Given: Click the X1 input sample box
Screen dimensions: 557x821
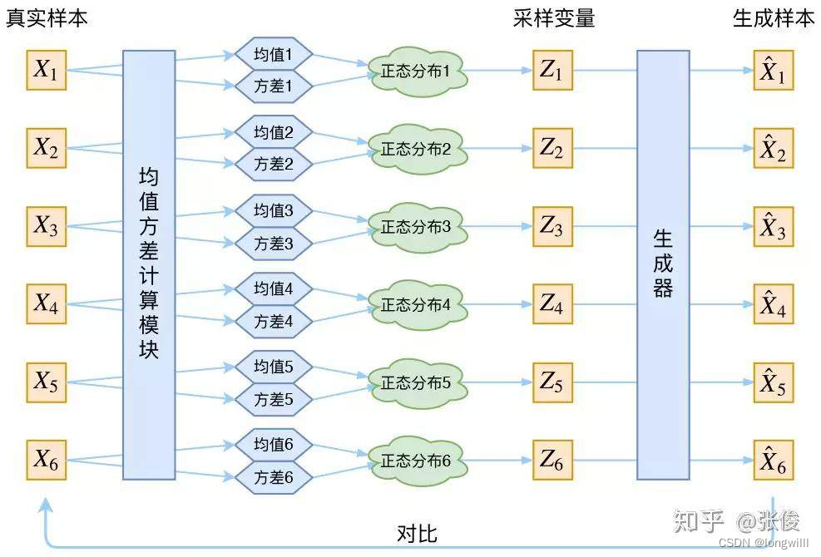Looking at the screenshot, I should (47, 71).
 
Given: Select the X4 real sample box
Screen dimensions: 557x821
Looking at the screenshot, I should (47, 303).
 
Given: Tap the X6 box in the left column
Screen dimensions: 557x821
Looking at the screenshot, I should (47, 459).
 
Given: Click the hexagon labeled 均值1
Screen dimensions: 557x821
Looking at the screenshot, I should (273, 57).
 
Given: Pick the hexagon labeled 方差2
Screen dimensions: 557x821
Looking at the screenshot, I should (273, 165).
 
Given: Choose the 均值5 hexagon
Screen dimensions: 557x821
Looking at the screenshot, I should (273, 367).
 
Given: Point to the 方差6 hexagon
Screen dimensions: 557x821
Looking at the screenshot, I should (273, 477).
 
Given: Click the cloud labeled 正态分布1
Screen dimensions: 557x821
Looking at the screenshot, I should (416, 72).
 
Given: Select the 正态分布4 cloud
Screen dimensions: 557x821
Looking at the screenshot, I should (416, 304).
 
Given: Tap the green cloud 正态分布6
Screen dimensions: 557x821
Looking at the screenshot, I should (416, 461).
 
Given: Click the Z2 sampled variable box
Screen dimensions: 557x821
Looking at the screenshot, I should (551, 149).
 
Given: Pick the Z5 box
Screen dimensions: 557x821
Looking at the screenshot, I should (551, 382).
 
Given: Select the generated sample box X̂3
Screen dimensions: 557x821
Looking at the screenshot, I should (773, 227).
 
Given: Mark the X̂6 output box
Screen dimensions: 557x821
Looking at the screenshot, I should (773, 461).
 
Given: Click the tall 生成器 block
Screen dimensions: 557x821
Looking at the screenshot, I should (663, 264).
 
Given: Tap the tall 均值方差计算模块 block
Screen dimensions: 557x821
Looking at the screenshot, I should (149, 264).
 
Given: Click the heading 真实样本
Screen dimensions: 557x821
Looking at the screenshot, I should (47, 18).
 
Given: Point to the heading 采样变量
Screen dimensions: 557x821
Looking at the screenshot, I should (554, 18).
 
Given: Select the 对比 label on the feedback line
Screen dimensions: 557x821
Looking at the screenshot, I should (417, 533).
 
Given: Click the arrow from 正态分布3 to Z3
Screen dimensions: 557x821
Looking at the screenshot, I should (499, 227).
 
